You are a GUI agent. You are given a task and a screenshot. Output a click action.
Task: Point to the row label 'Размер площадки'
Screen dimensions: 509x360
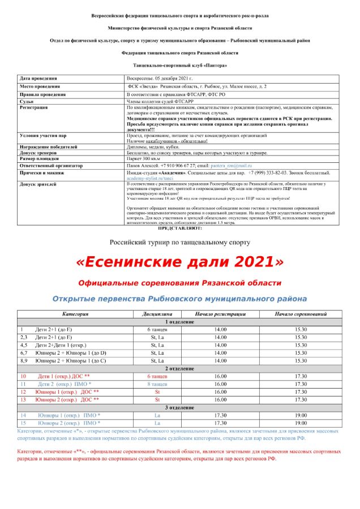pos(40,159)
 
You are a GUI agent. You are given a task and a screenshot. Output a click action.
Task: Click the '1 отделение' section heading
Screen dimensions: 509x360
pos(179,321)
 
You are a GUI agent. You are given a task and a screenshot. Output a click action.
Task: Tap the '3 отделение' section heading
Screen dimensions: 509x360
pos(179,407)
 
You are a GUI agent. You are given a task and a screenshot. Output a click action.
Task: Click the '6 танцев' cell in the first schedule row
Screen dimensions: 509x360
pos(157,329)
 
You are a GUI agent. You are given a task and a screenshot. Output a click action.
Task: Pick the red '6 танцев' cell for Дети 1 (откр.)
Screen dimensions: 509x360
pos(157,376)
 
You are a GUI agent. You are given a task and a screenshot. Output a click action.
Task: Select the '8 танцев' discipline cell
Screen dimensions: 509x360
pos(157,384)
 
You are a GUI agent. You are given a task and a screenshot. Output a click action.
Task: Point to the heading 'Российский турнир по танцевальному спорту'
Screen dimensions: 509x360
pos(179,242)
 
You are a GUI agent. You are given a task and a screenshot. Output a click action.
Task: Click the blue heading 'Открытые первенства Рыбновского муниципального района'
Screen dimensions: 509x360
pos(179,298)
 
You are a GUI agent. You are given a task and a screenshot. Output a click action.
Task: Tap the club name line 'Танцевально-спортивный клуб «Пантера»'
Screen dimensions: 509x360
pos(179,66)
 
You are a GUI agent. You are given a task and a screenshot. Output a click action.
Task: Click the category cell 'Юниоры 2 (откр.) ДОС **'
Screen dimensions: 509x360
pos(67,399)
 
